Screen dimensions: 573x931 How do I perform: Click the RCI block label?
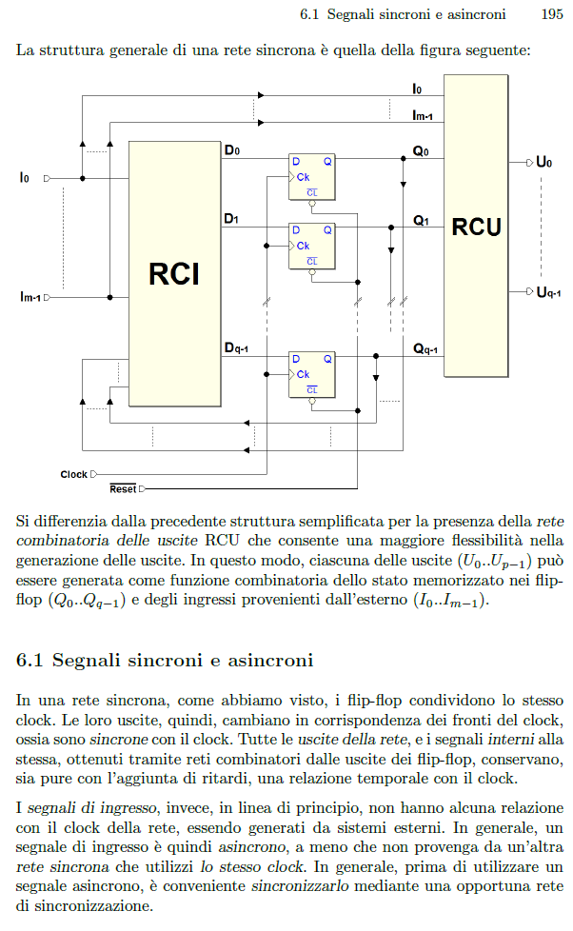pyautogui.click(x=174, y=274)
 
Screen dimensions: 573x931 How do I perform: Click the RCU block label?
pyautogui.click(x=477, y=227)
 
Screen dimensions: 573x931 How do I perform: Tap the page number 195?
pyautogui.click(x=552, y=14)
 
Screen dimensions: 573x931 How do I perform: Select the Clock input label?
pyautogui.click(x=73, y=474)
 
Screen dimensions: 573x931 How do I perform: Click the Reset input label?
pyautogui.click(x=123, y=488)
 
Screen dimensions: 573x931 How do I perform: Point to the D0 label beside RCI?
pyautogui.click(x=232, y=150)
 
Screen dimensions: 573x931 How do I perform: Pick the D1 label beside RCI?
pyautogui.click(x=231, y=219)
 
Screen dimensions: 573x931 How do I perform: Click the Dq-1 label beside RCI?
pyautogui.click(x=236, y=348)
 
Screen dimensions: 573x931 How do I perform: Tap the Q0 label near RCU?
pyautogui.click(x=421, y=151)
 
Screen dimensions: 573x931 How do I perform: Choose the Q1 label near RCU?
pyautogui.click(x=421, y=221)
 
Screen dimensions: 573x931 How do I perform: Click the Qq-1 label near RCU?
pyautogui.click(x=425, y=349)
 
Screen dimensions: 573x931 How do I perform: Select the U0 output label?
pyautogui.click(x=543, y=162)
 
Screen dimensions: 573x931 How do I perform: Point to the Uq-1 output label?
pyautogui.click(x=548, y=292)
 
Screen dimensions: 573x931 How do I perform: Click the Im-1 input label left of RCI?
pyautogui.click(x=30, y=297)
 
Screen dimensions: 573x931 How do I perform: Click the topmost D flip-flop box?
pyautogui.click(x=312, y=177)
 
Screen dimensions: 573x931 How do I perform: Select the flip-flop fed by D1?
pyautogui.click(x=312, y=246)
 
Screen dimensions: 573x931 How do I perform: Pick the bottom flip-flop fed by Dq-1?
pyautogui.click(x=312, y=375)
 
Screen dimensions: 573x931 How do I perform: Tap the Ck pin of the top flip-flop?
pyautogui.click(x=303, y=177)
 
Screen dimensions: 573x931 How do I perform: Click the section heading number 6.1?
pyautogui.click(x=30, y=661)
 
